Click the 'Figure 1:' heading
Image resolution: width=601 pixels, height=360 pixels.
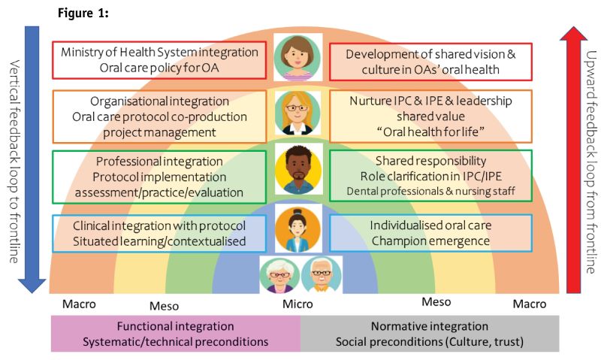coord(82,14)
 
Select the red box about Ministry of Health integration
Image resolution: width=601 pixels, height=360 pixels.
coord(159,60)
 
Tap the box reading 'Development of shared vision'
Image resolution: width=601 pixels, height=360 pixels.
coord(430,61)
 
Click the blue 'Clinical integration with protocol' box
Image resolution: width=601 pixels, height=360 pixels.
coord(159,232)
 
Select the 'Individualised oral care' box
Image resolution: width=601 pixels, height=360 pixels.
coord(430,232)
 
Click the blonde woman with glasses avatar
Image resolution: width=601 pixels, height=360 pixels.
coord(298,114)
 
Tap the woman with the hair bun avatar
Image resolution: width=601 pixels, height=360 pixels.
coord(298,229)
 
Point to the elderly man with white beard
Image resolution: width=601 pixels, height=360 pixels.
coord(322,275)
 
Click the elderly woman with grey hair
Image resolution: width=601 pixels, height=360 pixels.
coord(279,275)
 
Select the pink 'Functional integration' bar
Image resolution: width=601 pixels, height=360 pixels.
coord(175,334)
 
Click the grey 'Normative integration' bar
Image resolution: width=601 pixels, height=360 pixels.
coord(429,334)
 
